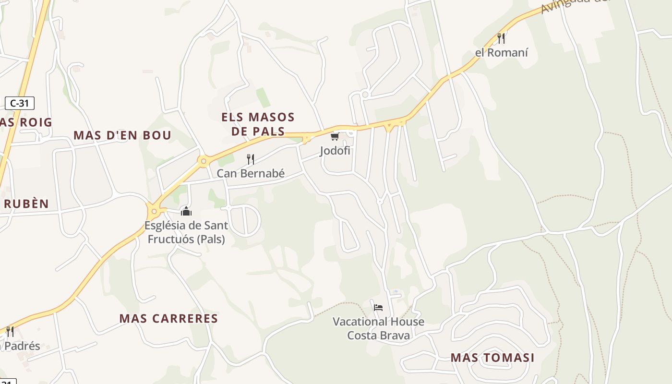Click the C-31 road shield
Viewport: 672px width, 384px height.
click(x=20, y=103)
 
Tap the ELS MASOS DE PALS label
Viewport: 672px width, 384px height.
click(x=258, y=124)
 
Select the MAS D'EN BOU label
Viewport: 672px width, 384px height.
click(x=122, y=135)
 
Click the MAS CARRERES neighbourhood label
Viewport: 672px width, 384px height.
click(x=168, y=318)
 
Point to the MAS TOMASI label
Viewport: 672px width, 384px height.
click(x=492, y=358)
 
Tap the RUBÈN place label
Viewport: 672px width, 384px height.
click(x=26, y=204)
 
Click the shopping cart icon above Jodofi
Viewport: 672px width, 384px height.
click(x=335, y=137)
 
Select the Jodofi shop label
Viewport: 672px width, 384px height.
click(x=336, y=151)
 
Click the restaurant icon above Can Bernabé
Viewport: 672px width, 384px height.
click(x=250, y=159)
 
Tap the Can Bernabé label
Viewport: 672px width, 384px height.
click(x=251, y=173)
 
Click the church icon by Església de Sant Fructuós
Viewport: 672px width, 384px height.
click(x=186, y=211)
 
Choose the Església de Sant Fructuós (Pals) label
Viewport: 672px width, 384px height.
click(x=186, y=232)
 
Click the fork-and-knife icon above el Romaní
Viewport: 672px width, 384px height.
click(x=501, y=38)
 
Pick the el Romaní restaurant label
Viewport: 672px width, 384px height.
click(x=502, y=52)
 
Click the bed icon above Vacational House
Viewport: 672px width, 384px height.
click(x=378, y=307)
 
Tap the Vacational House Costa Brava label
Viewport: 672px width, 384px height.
click(x=379, y=328)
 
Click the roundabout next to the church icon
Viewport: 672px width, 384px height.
click(x=154, y=211)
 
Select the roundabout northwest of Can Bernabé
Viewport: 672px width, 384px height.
click(x=204, y=161)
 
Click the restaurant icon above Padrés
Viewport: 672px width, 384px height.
click(x=10, y=331)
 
